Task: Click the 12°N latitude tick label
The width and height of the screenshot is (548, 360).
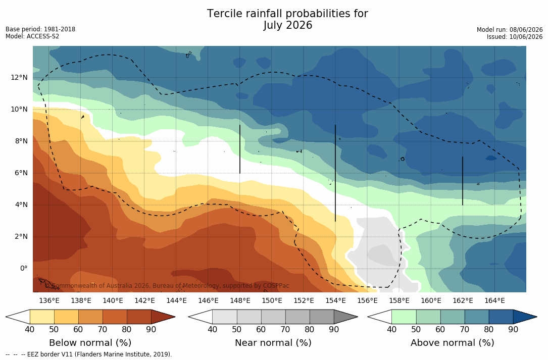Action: [x=19, y=78]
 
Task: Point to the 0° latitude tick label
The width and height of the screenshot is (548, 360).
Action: [x=23, y=269]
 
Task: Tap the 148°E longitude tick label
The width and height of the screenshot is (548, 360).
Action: [x=240, y=300]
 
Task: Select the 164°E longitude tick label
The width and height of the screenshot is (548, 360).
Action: [x=494, y=300]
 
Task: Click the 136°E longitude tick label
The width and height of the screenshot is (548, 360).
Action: [x=49, y=300]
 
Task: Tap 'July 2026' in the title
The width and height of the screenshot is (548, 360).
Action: [x=287, y=25]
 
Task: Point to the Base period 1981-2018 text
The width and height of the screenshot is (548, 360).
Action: [x=40, y=29]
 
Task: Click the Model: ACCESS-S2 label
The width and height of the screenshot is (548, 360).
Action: [x=32, y=36]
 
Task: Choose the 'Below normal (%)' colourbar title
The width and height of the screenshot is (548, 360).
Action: [x=90, y=343]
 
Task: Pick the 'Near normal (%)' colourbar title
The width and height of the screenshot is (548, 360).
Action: [x=273, y=343]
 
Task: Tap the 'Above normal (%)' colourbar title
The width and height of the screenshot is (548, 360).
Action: [x=452, y=343]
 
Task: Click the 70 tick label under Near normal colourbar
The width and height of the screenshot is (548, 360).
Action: [x=285, y=329]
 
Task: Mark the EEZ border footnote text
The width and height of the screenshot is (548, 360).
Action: [x=89, y=354]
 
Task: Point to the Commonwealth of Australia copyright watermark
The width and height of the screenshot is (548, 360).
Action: [x=167, y=286]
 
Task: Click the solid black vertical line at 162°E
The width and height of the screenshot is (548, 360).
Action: [x=462, y=181]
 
